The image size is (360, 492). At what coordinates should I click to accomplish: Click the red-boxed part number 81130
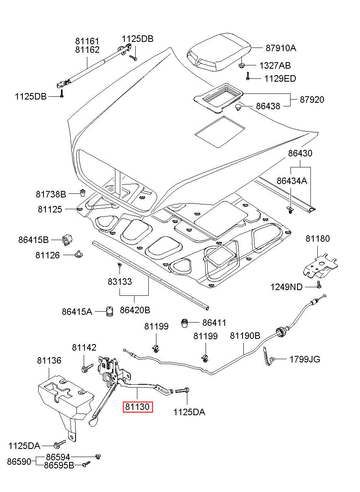pos(138,407)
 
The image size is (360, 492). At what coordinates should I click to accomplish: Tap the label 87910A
pos(281,48)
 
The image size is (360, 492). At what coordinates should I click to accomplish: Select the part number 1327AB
pos(275,65)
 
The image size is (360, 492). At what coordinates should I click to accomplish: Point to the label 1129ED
pos(280,78)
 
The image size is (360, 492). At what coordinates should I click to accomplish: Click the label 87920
pos(312,99)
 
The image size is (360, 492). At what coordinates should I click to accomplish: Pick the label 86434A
pos(292,181)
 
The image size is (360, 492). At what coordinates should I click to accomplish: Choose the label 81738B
pos(51,193)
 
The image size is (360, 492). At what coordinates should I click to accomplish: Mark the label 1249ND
pos(286,287)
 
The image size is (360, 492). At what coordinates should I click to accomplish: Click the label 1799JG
pos(305,359)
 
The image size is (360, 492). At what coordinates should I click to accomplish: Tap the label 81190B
pos(245,336)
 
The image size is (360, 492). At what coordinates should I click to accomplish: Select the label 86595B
pos(59,465)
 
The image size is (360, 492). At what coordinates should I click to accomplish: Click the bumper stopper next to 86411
pos(185,323)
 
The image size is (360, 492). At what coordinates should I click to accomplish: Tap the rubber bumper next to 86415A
pos(109,311)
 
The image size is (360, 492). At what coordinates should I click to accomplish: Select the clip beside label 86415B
pos(67,240)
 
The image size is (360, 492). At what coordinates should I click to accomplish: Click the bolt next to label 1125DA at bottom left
pos(59,444)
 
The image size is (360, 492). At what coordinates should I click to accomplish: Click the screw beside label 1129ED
pos(247,76)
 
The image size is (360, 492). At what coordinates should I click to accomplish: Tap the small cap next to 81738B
pos(82,192)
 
